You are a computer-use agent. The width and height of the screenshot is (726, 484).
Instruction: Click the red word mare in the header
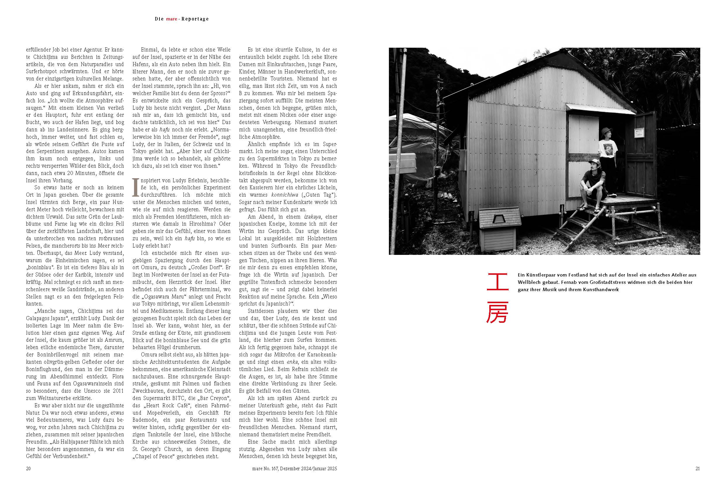pos(171,19)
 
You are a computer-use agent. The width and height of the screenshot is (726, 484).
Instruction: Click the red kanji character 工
pos(497,282)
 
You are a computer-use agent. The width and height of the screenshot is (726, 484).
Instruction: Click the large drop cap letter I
pos(135,187)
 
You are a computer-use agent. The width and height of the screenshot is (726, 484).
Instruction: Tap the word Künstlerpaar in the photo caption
pos(541,275)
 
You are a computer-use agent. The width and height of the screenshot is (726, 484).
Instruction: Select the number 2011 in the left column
pos(118,391)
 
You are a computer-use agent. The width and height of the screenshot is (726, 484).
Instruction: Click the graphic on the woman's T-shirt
pos(608,150)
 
